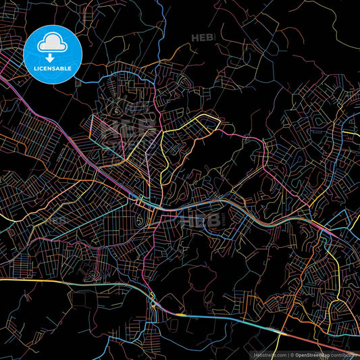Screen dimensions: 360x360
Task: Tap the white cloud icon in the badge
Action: point(53,43)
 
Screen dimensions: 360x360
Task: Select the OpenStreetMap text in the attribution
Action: point(313,354)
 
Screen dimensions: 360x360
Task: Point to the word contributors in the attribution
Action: point(344,354)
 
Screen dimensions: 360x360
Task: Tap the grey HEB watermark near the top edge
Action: point(202,38)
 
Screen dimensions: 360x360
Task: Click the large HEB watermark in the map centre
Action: point(202,220)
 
